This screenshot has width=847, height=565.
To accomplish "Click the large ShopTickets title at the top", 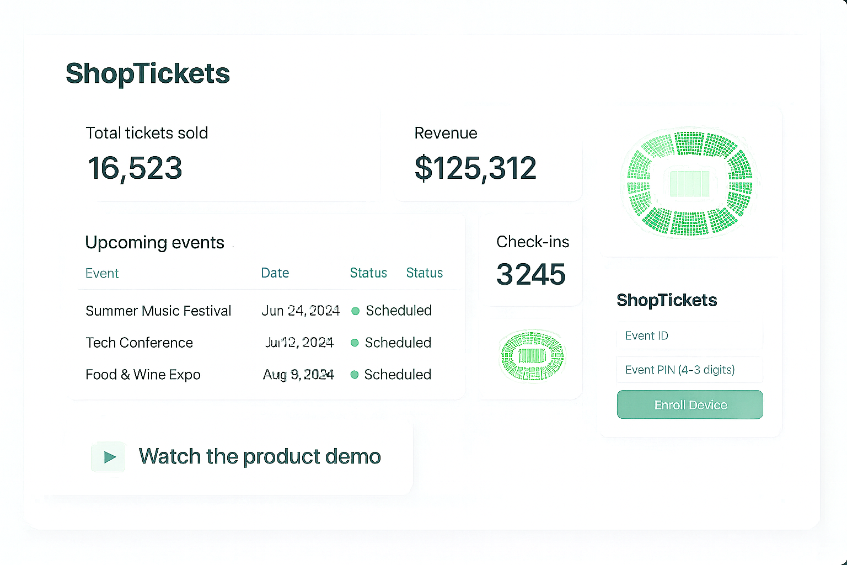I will coord(148,73).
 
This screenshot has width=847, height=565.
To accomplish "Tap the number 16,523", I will coord(135,168).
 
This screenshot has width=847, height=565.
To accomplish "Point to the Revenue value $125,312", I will coord(475,168).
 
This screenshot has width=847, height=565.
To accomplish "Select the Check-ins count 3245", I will coord(531,274).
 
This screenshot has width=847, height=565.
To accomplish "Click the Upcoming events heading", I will coord(154,242).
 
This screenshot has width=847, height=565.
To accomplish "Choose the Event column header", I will coord(102,273).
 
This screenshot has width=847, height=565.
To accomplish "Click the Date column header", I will coord(275,273).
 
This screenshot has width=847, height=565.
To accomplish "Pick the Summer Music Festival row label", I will coord(158,311).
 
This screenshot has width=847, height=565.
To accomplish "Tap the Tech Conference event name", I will coord(139,343).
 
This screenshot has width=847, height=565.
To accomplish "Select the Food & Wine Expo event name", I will coord(143,375).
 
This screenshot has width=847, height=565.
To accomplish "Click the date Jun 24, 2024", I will coord(301,311).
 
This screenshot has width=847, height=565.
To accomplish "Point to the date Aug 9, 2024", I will coord(298,375).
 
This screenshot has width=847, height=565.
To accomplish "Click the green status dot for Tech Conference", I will coord(355,343).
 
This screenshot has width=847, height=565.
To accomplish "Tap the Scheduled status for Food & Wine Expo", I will coord(397,375).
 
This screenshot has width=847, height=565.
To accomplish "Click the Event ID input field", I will coord(689,335).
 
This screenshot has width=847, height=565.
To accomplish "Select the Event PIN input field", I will coord(689,370).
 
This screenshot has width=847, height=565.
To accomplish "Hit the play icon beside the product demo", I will coord(109,457).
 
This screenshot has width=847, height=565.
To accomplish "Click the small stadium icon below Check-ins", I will coord(532,355).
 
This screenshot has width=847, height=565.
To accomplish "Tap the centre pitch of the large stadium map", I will coord(689,184).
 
